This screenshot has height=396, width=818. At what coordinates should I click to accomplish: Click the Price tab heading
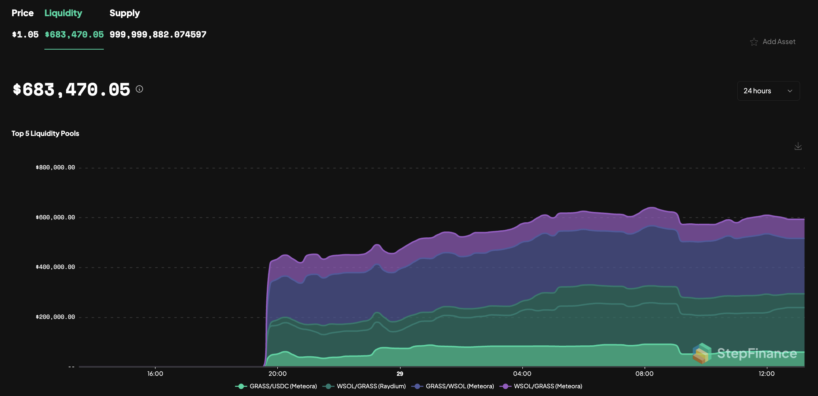tap(22, 13)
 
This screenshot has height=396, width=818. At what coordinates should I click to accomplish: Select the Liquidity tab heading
tap(63, 13)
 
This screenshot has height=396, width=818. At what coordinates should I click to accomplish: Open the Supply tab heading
tap(124, 13)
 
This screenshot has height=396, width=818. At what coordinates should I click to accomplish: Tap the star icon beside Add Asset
tap(754, 42)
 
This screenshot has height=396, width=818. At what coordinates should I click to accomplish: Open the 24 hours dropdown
tap(768, 91)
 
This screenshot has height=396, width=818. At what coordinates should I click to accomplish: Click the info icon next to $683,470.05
tap(139, 89)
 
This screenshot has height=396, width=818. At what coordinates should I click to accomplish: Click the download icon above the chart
tap(798, 146)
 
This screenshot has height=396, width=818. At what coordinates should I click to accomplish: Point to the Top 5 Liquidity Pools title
tap(45, 133)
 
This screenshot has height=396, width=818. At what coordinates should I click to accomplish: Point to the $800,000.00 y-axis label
tap(55, 168)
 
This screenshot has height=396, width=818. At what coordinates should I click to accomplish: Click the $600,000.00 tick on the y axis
tap(55, 217)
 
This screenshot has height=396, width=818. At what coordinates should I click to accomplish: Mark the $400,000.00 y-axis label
tap(55, 267)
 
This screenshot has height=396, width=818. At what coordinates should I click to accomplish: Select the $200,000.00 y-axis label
tap(55, 317)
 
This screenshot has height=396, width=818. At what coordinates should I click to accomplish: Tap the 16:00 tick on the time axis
tap(155, 374)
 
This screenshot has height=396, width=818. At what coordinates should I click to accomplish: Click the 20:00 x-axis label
tap(277, 374)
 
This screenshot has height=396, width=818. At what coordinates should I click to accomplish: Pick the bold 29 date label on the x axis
tap(400, 374)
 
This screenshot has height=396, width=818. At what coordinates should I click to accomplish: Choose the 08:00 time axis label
tap(644, 374)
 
